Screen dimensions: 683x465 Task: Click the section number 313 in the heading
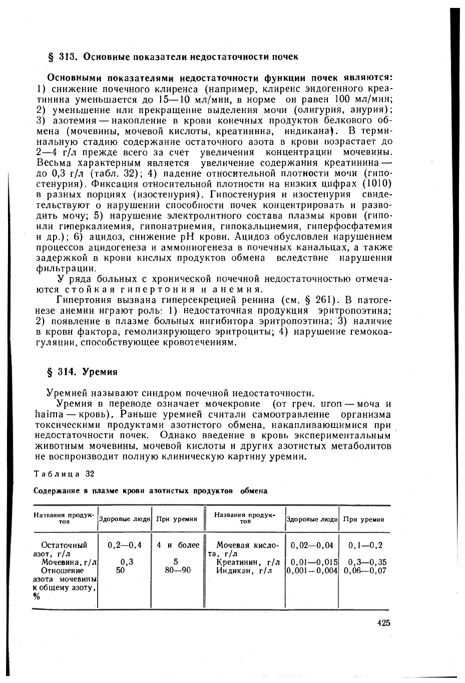67,57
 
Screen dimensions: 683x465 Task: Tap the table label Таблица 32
64,473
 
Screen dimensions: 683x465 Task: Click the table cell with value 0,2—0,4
125,545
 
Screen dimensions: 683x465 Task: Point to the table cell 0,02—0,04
311,545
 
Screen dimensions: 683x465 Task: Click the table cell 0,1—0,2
365,545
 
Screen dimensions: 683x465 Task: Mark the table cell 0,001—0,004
312,570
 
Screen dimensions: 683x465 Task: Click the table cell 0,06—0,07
365,570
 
